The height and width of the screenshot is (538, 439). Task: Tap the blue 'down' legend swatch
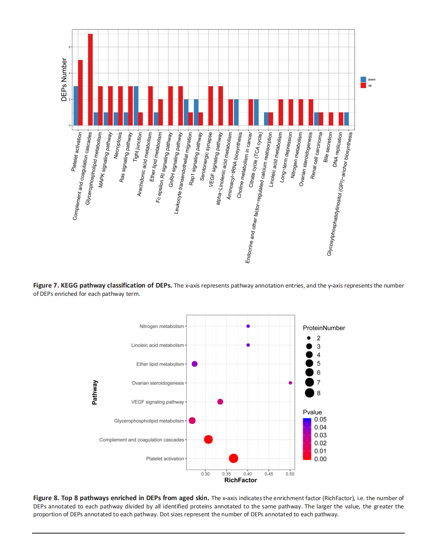pyautogui.click(x=363, y=79)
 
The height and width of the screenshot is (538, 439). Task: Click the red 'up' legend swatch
pyautogui.click(x=363, y=85)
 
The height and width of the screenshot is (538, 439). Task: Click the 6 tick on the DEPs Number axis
pyautogui.click(x=70, y=47)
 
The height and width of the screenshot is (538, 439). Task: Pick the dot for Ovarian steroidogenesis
pyautogui.click(x=290, y=383)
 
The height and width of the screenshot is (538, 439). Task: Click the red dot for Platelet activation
pyautogui.click(x=234, y=458)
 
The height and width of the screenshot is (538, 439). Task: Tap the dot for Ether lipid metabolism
pyautogui.click(x=194, y=364)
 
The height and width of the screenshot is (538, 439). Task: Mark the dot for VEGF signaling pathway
pyautogui.click(x=220, y=402)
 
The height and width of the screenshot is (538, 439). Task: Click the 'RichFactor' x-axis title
pyautogui.click(x=241, y=480)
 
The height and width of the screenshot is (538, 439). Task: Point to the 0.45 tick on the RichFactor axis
pyautogui.click(x=269, y=474)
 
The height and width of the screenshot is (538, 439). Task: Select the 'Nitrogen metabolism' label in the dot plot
pyautogui.click(x=162, y=326)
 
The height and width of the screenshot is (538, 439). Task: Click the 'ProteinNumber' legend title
pyautogui.click(x=324, y=328)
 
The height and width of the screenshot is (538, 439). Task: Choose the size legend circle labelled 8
pyautogui.click(x=309, y=393)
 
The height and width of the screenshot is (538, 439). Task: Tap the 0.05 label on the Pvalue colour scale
pyautogui.click(x=320, y=419)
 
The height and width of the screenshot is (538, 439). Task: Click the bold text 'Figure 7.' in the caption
pyautogui.click(x=46, y=286)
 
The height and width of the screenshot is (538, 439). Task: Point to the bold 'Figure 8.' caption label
pyautogui.click(x=46, y=498)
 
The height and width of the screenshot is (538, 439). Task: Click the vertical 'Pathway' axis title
pyautogui.click(x=95, y=392)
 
